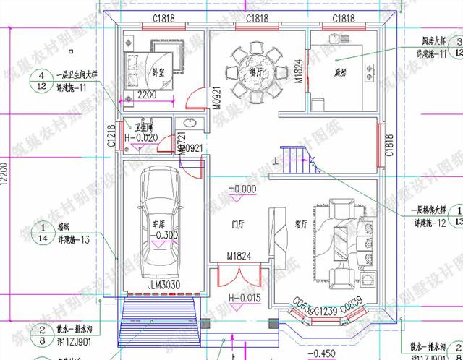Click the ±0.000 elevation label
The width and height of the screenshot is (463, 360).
pos(242,189)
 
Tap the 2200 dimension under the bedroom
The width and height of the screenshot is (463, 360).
pos(148,95)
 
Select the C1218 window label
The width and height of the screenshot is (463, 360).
pos(111,136)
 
